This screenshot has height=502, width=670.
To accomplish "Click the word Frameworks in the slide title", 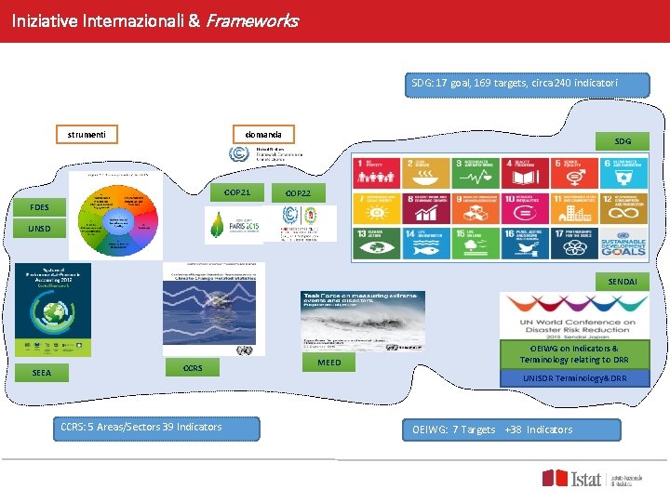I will click(250, 20).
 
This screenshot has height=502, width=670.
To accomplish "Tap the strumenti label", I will click(86, 135).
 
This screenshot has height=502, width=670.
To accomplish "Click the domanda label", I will click(262, 134).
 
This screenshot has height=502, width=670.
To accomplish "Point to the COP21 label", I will click(236, 192).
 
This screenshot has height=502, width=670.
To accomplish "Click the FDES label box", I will click(39, 206).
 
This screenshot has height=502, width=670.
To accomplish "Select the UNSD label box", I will click(39, 229).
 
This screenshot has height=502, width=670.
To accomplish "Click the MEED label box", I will click(329, 363).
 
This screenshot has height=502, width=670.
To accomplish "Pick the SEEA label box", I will click(42, 373).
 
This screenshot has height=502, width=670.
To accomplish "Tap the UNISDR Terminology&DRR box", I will click(574, 378).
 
